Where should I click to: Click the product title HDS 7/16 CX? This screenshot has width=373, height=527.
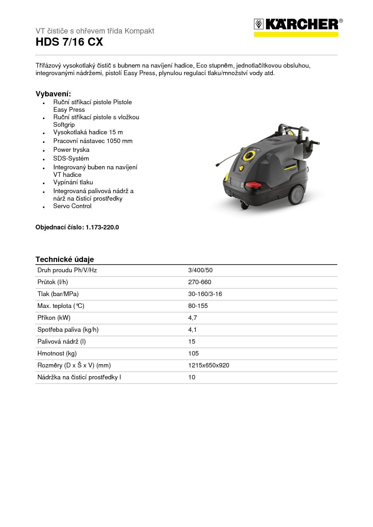pos(69,42)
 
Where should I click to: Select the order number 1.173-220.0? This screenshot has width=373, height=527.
pos(102,227)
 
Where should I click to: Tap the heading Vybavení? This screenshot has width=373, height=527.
pos(53,94)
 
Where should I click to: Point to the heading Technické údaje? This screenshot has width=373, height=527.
pos(65,259)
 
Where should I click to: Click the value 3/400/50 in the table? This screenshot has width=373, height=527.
pos(200,270)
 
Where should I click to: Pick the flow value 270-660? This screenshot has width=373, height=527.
pos(199,282)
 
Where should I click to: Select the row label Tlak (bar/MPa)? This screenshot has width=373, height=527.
pos(58,294)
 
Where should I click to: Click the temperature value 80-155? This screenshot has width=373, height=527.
pos(198,306)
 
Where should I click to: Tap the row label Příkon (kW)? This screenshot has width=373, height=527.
pos(54,318)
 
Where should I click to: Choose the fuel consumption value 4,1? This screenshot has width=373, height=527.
pos(192,330)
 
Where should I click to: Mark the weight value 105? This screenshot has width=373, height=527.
pos(193,353)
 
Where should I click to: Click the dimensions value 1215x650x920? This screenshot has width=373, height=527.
pos(209,365)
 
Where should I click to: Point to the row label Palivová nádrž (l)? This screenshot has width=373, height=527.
pos(61,341)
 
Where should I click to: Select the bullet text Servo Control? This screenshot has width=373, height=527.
pos(72,206)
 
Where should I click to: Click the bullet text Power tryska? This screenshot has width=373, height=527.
pos(71,150)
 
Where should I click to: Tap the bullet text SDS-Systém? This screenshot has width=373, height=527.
pos(71,158)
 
